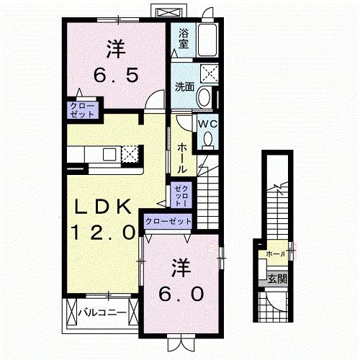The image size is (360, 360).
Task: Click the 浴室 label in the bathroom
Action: [184, 37]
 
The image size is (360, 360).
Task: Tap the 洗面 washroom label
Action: [184, 87]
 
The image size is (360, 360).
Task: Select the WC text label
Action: [207, 123]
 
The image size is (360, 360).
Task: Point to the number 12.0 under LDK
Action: [103, 232]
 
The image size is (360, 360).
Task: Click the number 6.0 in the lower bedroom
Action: [181, 294]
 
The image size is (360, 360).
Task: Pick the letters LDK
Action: [103, 207]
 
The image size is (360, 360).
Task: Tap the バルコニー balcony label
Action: [103, 313]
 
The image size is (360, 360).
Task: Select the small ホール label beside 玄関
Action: [275, 254]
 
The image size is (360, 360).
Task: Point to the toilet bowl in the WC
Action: [208, 141]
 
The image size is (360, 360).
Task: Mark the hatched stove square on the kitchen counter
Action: [130, 154]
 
